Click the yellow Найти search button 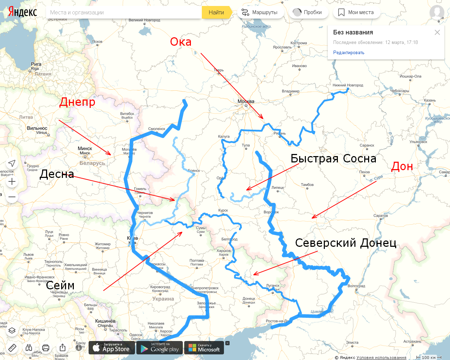pyautogui.click(x=216, y=12)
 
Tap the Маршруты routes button pyautogui.click(x=260, y=12)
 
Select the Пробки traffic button pyautogui.click(x=308, y=12)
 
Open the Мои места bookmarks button pyautogui.click(x=356, y=12)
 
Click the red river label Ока pyautogui.click(x=181, y=42)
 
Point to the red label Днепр pyautogui.click(x=77, y=102)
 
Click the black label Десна pyautogui.click(x=57, y=174)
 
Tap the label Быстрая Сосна pyautogui.click(x=333, y=159)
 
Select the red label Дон pyautogui.click(x=402, y=166)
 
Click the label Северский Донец pyautogui.click(x=346, y=243)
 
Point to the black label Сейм pyautogui.click(x=60, y=285)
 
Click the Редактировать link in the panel pyautogui.click(x=349, y=53)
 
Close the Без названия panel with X pyautogui.click(x=437, y=32)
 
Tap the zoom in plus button pyautogui.click(x=12, y=181)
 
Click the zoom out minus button pyautogui.click(x=12, y=197)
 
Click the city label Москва pyautogui.click(x=246, y=101)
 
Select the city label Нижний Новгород pyautogui.click(x=348, y=85)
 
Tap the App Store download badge pyautogui.click(x=112, y=348)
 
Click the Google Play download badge pyautogui.click(x=160, y=348)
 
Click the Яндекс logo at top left pyautogui.click(x=22, y=12)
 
